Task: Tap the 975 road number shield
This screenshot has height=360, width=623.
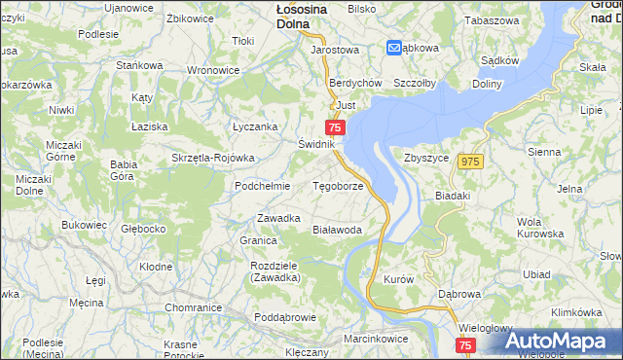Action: coord(472,162)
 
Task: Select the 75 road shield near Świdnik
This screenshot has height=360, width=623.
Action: coord(335,127)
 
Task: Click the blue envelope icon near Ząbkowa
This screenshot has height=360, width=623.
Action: coord(394,47)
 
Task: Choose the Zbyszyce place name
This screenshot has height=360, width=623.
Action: coord(425,157)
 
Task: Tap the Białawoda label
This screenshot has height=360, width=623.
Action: coord(337,231)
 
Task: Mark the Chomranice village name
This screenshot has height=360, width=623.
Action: coord(194,307)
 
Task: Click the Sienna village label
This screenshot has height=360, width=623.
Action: coord(543,153)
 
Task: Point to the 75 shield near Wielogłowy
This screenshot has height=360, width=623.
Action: coord(464,346)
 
